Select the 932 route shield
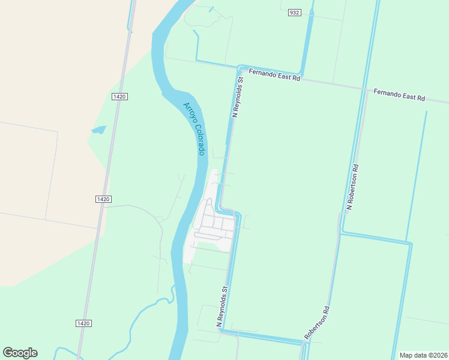click(294, 13)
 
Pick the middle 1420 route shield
click(103, 199)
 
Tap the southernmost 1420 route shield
click(84, 323)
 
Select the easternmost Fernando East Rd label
click(399, 95)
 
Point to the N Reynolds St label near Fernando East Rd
click(238, 97)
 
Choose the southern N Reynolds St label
click(221, 306)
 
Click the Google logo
click(20, 353)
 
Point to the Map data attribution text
click(423, 355)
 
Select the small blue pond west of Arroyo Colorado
click(98, 130)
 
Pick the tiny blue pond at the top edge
click(211, 10)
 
